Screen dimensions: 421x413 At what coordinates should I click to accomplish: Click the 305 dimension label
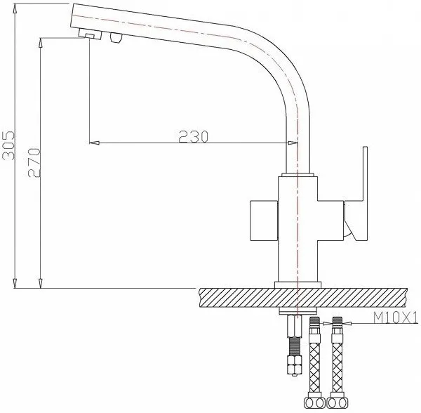tap(8, 145)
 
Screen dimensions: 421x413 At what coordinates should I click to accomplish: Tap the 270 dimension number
tap(34, 162)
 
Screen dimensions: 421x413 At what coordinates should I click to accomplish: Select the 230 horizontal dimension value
tap(194, 136)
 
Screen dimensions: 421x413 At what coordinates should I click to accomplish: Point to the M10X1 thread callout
tap(396, 318)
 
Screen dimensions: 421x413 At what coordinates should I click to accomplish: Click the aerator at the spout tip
tap(91, 34)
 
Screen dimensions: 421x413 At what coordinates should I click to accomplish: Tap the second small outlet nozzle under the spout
tap(116, 37)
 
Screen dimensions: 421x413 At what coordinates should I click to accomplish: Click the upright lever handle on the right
tap(356, 193)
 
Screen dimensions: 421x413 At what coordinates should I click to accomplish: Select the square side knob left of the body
tap(264, 221)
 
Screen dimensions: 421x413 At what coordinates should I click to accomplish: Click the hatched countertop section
tap(303, 298)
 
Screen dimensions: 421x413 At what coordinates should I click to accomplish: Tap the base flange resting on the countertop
tap(298, 285)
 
